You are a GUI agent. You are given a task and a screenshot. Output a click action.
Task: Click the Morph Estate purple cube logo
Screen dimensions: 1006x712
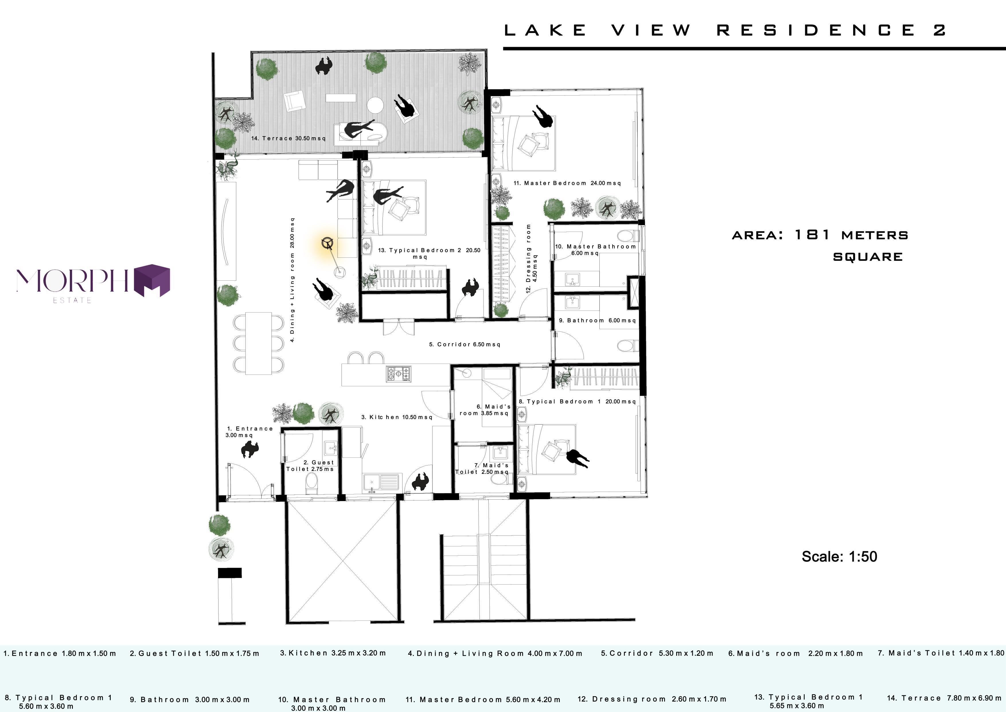(152, 281)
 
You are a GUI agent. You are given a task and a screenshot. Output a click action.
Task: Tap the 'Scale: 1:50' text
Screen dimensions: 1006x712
(839, 556)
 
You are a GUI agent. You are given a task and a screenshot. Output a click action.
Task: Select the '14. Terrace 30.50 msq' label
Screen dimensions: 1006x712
(288, 138)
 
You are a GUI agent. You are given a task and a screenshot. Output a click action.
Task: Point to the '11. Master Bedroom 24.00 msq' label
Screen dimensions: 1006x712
(567, 183)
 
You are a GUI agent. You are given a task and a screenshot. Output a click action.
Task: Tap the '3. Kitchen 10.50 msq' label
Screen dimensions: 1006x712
(397, 417)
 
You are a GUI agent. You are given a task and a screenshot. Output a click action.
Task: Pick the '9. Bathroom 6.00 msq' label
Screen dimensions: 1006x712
(597, 321)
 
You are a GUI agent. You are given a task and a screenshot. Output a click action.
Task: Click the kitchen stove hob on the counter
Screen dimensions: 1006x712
(399, 374)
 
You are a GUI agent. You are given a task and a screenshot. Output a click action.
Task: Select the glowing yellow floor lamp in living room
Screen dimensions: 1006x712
(327, 244)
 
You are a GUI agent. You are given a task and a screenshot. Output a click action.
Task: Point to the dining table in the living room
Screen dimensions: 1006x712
(258, 343)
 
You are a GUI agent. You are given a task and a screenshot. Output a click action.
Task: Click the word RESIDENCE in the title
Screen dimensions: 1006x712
(816, 30)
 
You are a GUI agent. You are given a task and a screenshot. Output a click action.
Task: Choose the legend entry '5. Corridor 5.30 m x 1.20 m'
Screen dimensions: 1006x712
(657, 653)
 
